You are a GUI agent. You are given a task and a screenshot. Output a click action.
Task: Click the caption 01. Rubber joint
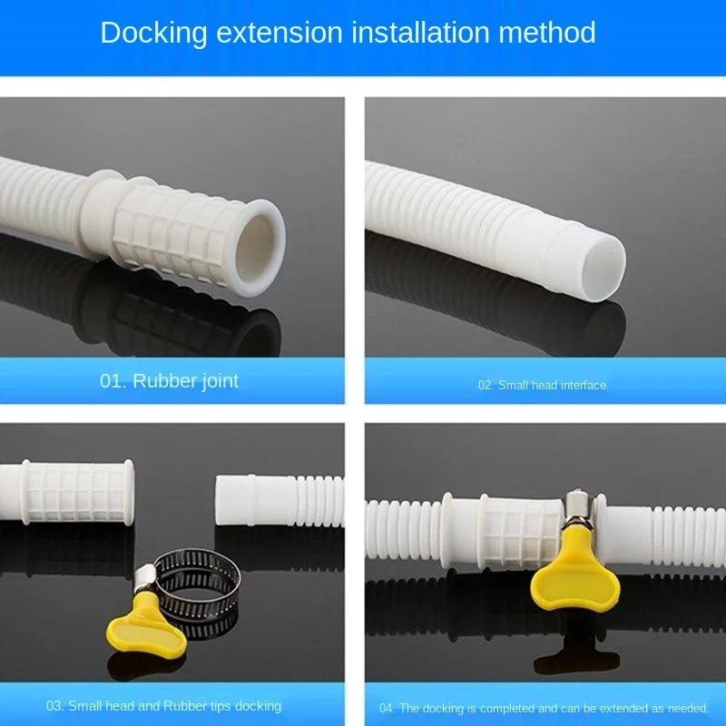pyautogui.click(x=169, y=380)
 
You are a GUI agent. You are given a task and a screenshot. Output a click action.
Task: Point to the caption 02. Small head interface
pyautogui.click(x=542, y=385)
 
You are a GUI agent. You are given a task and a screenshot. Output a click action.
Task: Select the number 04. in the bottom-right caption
pyautogui.click(x=388, y=708)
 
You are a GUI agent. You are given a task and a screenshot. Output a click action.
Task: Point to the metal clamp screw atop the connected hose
pyautogui.click(x=574, y=505)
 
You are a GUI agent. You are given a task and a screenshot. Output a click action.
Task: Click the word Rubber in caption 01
pyautogui.click(x=163, y=380)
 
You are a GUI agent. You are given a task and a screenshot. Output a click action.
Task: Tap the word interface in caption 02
pyautogui.click(x=582, y=385)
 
